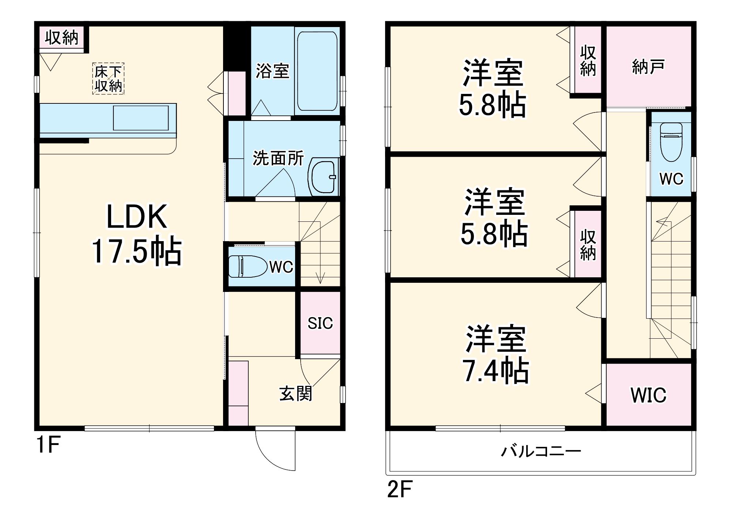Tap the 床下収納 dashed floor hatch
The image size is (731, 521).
[x=108, y=79]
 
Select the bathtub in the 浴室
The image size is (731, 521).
[x=317, y=71]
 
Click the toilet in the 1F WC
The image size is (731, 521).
[x=248, y=266]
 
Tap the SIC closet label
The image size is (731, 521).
[x=320, y=323]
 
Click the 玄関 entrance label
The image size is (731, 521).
[x=296, y=393]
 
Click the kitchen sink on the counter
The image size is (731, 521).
[x=141, y=118]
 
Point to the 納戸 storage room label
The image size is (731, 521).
[x=648, y=67]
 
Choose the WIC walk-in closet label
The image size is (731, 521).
[x=649, y=395]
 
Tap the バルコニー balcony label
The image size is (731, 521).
[x=541, y=452]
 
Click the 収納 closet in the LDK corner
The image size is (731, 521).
[x=62, y=37]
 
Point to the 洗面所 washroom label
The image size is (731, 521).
[x=278, y=158]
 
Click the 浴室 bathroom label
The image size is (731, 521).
[x=272, y=71]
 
